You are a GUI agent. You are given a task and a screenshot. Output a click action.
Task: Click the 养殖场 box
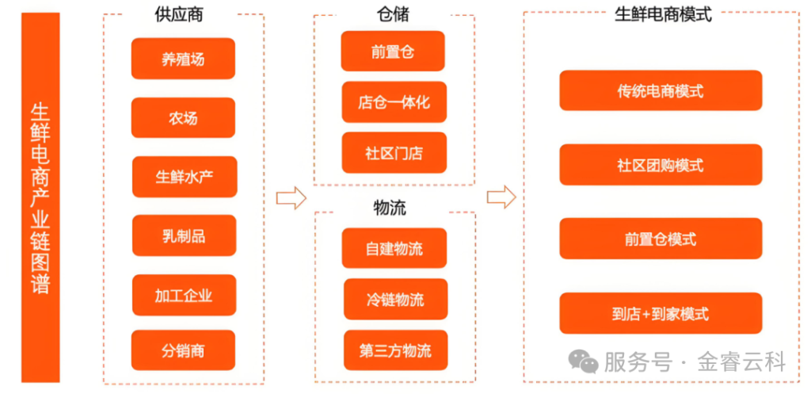(183, 59)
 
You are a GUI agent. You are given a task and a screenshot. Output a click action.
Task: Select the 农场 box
(183, 118)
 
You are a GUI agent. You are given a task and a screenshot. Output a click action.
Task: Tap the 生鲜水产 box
(184, 177)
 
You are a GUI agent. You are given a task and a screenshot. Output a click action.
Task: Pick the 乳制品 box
(184, 235)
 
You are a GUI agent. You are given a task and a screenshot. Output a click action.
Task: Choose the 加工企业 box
(184, 295)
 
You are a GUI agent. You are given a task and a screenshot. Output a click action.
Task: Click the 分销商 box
(184, 350)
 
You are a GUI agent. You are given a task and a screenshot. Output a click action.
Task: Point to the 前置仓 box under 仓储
(393, 52)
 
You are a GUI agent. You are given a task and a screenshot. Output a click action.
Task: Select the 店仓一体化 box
(394, 102)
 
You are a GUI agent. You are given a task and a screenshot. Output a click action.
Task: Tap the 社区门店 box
(394, 152)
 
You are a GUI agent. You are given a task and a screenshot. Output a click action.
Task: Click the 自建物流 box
(394, 249)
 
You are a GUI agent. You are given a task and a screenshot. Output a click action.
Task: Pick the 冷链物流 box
(394, 300)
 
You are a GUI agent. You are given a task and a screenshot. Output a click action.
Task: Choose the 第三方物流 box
(394, 350)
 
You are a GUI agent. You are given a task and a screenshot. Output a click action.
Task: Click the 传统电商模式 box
(660, 91)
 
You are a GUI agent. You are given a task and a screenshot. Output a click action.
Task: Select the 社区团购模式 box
(660, 165)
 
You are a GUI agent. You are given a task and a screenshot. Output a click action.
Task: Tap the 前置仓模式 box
(660, 239)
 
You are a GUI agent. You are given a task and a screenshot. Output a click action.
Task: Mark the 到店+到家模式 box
(660, 313)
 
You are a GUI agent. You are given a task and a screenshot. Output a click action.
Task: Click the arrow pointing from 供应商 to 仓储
(291, 197)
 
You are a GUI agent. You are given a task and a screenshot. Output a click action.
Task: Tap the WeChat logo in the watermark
(586, 363)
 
